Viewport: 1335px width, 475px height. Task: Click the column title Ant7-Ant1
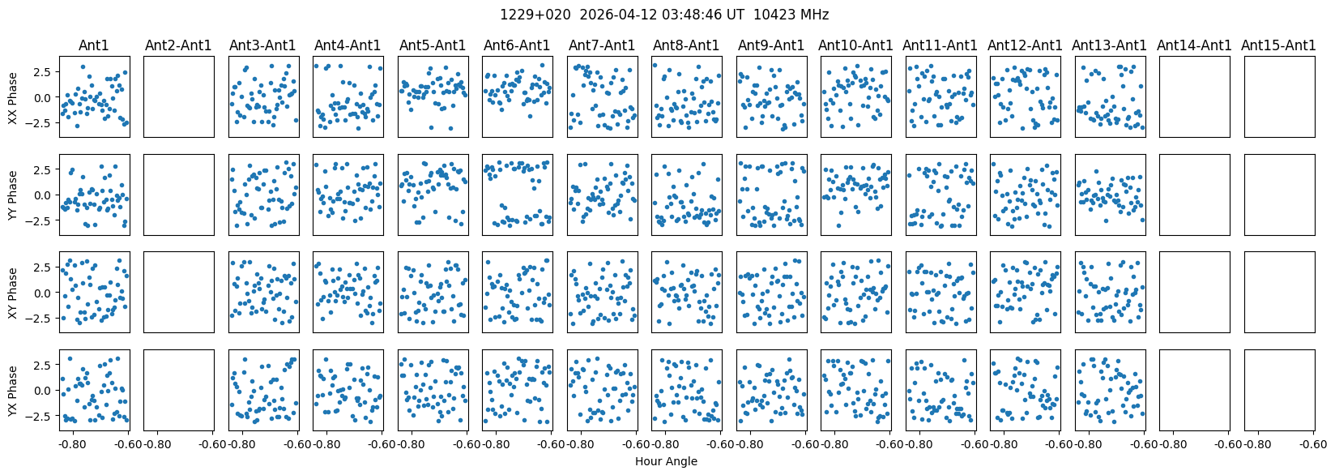(x=603, y=45)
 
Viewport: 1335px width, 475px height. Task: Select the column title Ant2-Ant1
(x=178, y=45)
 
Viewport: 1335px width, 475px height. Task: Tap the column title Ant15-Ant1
(x=1279, y=45)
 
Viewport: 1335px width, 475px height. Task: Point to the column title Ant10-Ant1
(x=855, y=45)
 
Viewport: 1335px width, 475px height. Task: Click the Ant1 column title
(x=94, y=45)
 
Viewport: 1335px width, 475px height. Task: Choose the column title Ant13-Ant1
(x=1109, y=45)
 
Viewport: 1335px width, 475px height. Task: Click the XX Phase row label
(x=13, y=96)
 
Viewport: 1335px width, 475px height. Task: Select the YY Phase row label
(x=13, y=195)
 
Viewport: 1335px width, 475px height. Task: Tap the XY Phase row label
(x=13, y=292)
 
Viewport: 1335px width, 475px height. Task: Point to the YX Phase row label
(x=13, y=390)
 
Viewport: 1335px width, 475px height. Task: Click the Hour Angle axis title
(x=666, y=461)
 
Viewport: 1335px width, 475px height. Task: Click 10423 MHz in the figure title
(x=791, y=15)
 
